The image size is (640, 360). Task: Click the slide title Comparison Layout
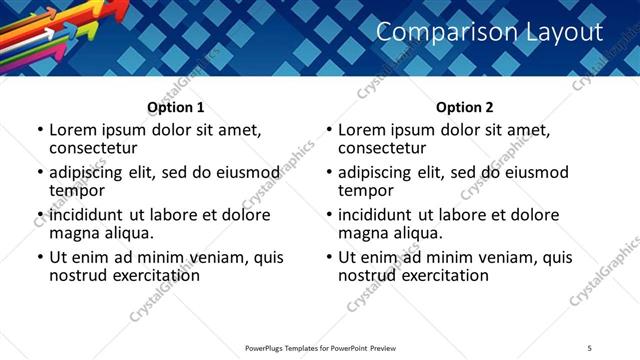pos(489,32)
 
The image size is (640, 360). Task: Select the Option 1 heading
pos(176,107)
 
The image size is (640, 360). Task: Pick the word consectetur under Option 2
pos(382,149)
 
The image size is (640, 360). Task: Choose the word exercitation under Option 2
pos(442,275)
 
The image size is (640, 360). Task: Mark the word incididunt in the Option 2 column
pos(377,215)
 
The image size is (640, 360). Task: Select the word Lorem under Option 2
pos(360,130)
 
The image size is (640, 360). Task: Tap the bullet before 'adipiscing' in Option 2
pos(329,173)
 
